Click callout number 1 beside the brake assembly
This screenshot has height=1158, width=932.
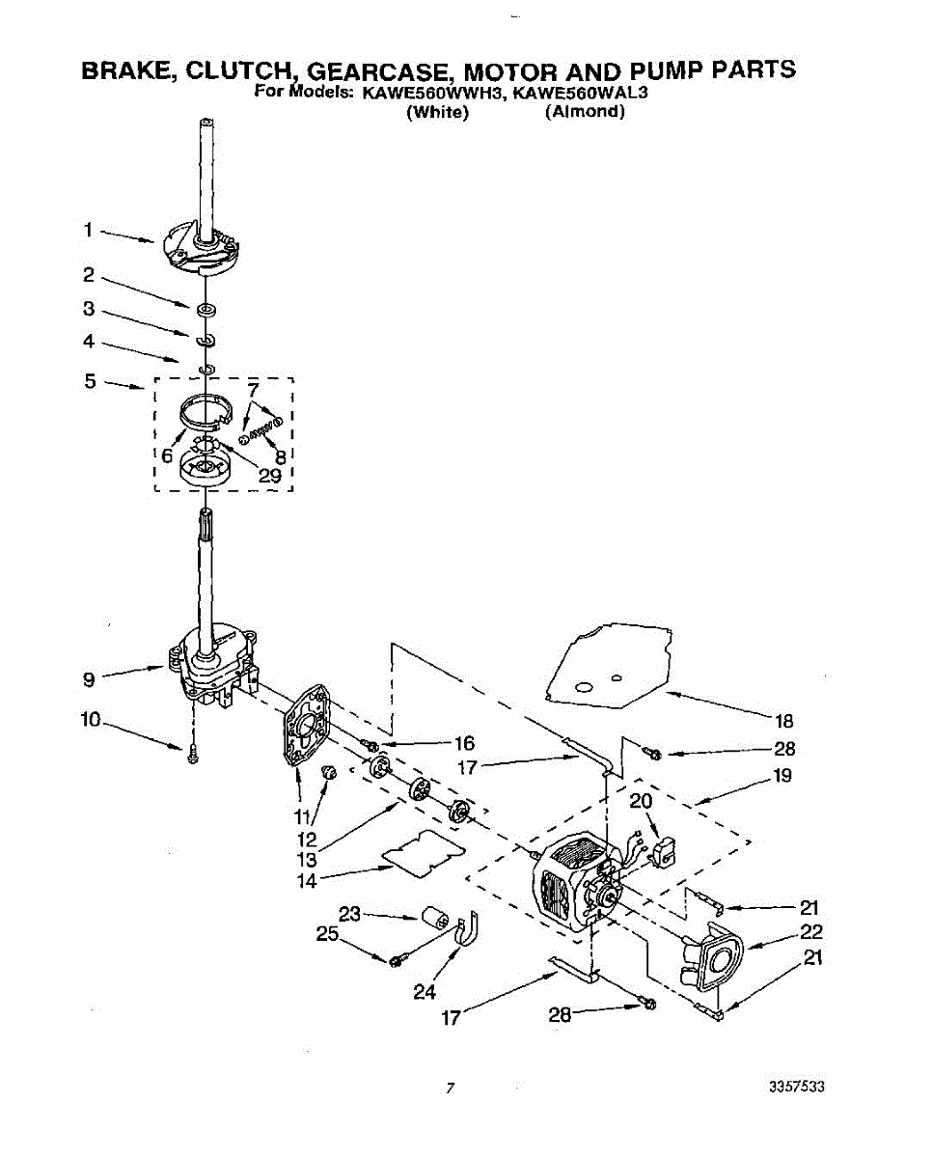point(87,231)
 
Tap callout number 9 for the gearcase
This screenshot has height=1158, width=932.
point(88,678)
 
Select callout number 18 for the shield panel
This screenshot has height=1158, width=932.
point(783,720)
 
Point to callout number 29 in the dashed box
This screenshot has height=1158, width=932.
point(269,477)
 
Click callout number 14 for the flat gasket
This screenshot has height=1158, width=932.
point(307,879)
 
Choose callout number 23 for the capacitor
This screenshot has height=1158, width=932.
point(348,914)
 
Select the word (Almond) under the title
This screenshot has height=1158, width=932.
point(585,112)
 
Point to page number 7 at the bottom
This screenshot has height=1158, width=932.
point(450,1089)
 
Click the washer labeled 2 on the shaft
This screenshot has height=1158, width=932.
point(206,309)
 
